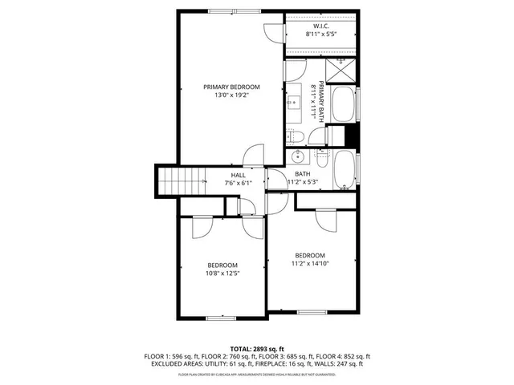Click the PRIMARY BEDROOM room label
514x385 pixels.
tap(231, 87)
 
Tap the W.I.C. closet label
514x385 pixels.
tap(320, 26)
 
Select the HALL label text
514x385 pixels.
tap(239, 175)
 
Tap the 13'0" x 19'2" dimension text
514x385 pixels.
tap(231, 96)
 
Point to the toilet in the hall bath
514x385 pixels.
tap(321, 159)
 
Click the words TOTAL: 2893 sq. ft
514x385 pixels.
tap(257, 350)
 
